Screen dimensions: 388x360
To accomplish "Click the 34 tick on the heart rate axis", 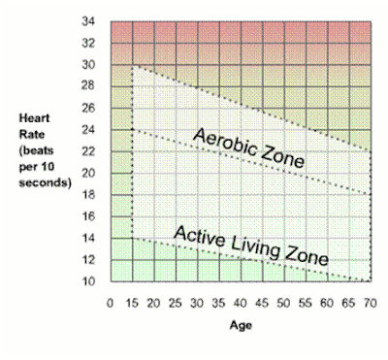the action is click(88, 21).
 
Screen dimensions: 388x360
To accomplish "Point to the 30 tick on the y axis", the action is click(88, 65).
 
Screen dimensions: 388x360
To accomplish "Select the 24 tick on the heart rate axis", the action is click(88, 130).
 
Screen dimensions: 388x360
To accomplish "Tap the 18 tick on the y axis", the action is click(88, 195).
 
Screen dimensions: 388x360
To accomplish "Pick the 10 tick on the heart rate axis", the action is click(88, 281).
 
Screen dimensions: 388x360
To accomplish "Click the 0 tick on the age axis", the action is click(111, 303).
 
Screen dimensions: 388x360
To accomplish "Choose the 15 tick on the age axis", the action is click(132, 303).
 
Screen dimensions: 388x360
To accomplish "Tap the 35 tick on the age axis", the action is click(218, 303).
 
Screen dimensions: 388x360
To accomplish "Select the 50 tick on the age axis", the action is click(283, 303).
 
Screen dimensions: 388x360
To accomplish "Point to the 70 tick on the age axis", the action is click(371, 303).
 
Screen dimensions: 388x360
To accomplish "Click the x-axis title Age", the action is click(241, 325).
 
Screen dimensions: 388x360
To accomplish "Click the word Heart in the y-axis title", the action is click(34, 118).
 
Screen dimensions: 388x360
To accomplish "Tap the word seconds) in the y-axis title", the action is click(45, 182).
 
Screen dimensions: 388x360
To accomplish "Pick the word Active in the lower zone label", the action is click(199, 236).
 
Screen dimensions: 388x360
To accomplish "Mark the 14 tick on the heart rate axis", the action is click(88, 238).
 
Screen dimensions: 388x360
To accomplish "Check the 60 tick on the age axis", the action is click(327, 303).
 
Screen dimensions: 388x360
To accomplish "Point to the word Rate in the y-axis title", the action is click(32, 134).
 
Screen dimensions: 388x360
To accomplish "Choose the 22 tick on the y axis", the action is click(88, 151).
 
